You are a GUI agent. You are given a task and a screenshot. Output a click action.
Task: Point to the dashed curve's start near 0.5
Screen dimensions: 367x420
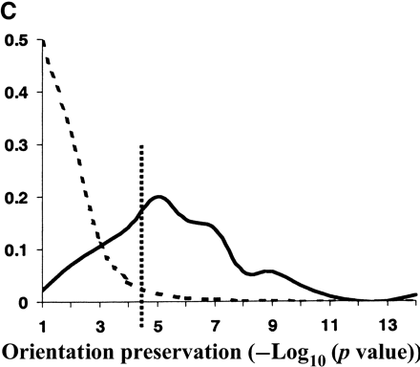44,45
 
